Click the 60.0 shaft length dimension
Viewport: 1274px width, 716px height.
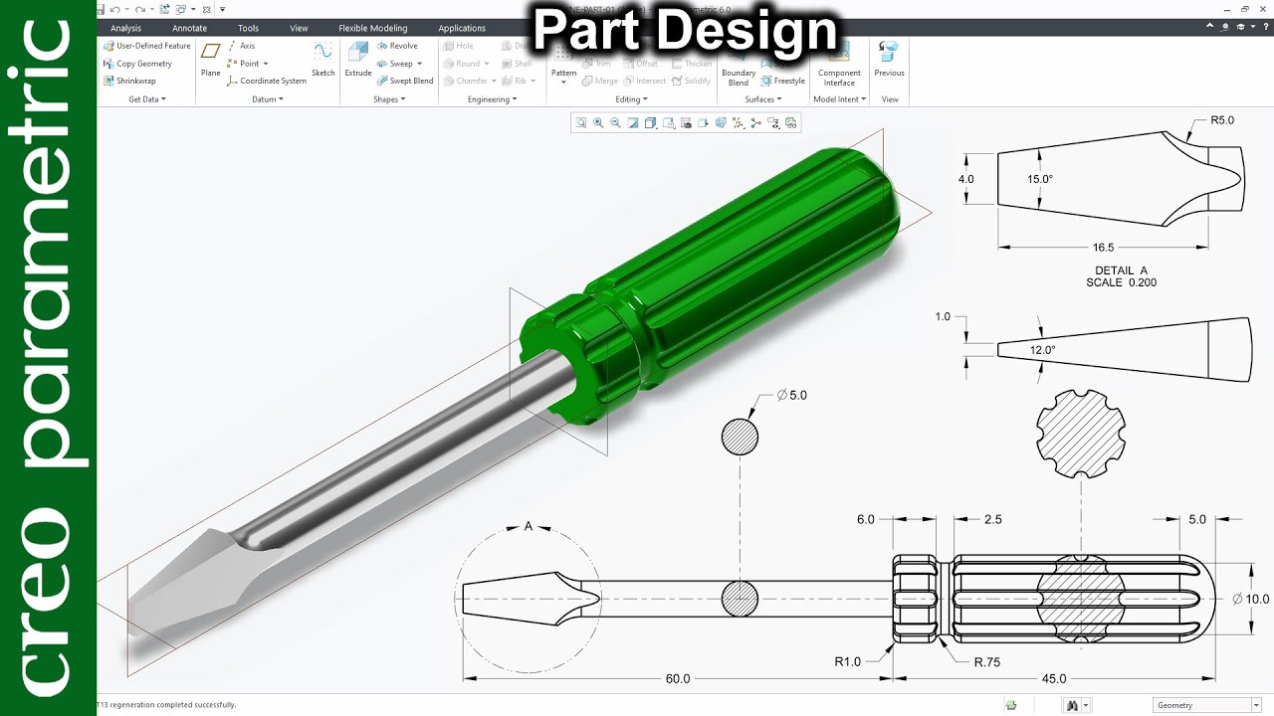[677, 679]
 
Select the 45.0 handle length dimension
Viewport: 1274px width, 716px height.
[1053, 679]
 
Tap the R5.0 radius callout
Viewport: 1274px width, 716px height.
[1222, 120]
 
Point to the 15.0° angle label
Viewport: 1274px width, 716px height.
[1040, 179]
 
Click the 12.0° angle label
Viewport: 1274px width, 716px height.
[1042, 350]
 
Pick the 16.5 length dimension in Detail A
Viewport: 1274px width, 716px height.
[1103, 248]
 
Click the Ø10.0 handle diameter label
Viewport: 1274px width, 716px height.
[1251, 599]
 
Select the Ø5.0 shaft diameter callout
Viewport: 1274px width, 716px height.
[792, 395]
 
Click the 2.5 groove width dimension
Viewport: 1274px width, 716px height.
[992, 519]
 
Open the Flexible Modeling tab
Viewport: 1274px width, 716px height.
[372, 28]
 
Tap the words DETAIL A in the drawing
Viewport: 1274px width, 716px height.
[1122, 270]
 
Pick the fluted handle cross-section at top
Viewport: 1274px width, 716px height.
[1081, 431]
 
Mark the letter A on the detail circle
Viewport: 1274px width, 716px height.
[529, 527]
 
